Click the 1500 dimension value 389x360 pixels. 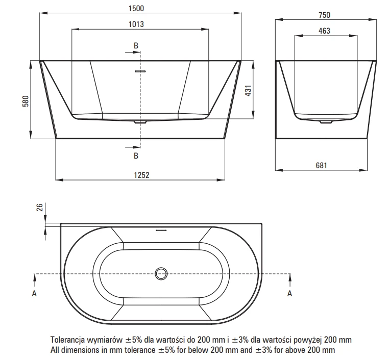coord(136,9)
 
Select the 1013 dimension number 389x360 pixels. coord(136,24)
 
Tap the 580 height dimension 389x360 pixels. coord(26,101)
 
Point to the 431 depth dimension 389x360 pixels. coord(248,91)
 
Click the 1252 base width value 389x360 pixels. coord(141,175)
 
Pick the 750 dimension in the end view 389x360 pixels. coord(325,15)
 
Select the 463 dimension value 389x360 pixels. coord(325,31)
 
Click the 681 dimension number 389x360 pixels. coord(321,165)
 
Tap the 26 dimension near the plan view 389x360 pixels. coord(39,207)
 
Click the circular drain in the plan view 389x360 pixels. coord(161,274)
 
